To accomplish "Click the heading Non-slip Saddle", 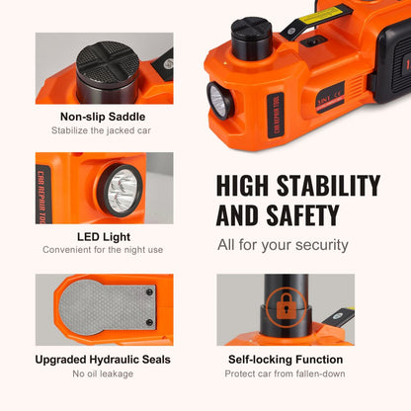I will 104,116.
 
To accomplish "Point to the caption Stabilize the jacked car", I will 104,131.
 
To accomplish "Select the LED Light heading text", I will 104,236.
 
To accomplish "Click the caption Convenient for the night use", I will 104,251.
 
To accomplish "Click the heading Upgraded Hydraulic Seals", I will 104,360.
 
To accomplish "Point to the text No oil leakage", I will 104,374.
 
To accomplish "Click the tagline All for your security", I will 283,244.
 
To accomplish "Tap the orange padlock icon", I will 287,308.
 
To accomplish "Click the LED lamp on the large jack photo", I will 218,101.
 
